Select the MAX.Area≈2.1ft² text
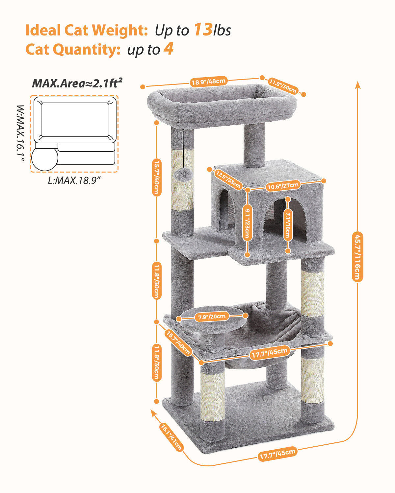pos(77,83)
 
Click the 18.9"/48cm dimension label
pos(208,81)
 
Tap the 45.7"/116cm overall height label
pos(357,256)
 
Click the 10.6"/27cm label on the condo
pos(283,186)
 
